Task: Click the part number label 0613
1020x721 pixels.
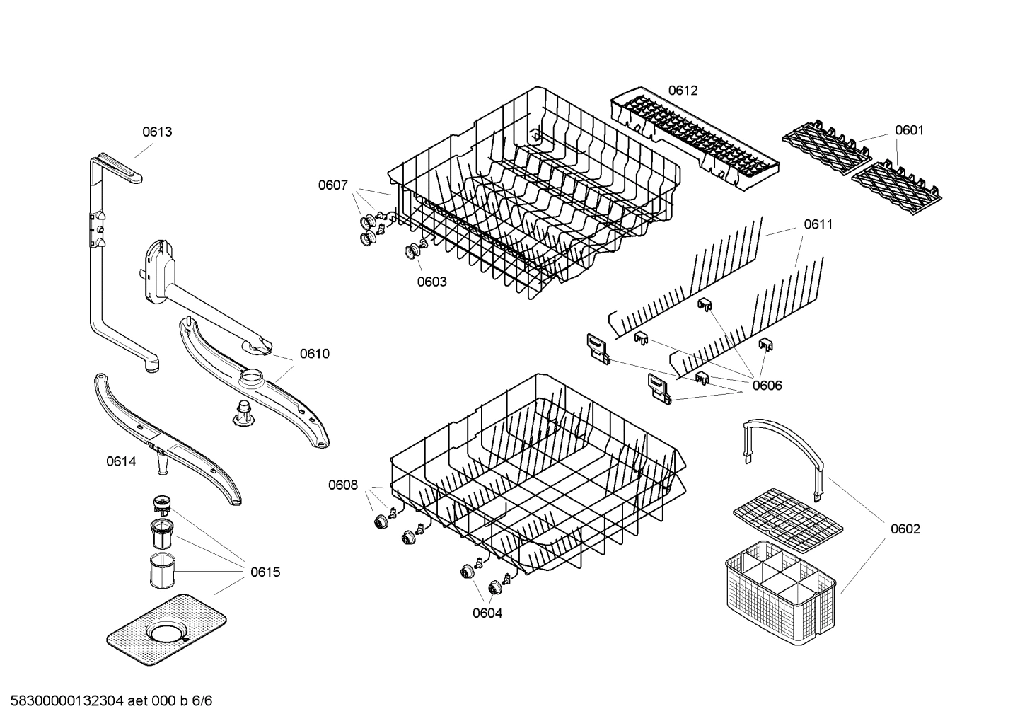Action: [157, 132]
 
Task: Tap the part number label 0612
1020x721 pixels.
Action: [683, 90]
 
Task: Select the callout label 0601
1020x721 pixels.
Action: [909, 130]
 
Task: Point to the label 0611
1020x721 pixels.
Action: [818, 224]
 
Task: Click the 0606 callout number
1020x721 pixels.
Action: [767, 386]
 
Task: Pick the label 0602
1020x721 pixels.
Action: [905, 529]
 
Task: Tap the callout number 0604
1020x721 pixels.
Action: [487, 613]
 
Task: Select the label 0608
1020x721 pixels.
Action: [342, 485]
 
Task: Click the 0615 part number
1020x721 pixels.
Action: [265, 572]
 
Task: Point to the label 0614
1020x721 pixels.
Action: [121, 461]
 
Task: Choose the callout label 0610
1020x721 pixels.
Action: [314, 354]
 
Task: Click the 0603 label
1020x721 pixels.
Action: [431, 282]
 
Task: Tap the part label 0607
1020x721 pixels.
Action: [332, 185]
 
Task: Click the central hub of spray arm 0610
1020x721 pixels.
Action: [253, 376]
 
